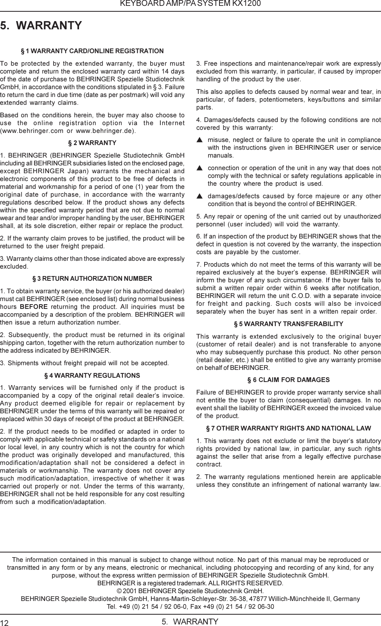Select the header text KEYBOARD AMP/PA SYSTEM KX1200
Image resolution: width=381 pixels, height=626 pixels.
pos(190,4)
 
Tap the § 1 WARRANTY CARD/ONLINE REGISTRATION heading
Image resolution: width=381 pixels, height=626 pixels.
pos(92,51)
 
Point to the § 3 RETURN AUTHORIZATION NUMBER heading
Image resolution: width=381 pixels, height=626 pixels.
pos(92,279)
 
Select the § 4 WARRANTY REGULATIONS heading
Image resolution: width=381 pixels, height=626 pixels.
pos(92,376)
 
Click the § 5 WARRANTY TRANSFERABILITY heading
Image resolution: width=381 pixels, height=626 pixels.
pos(288,324)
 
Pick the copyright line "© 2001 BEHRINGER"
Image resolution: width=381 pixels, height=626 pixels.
pos(190,590)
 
